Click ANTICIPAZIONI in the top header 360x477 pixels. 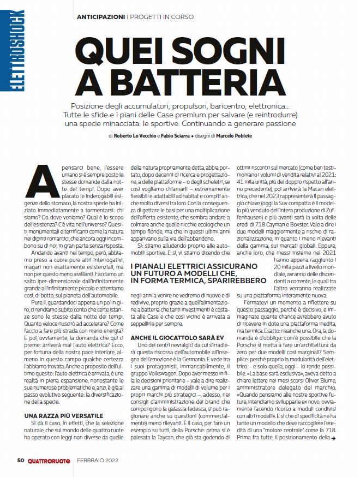coord(100,17)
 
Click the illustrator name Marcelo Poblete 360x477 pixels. coord(232,135)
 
